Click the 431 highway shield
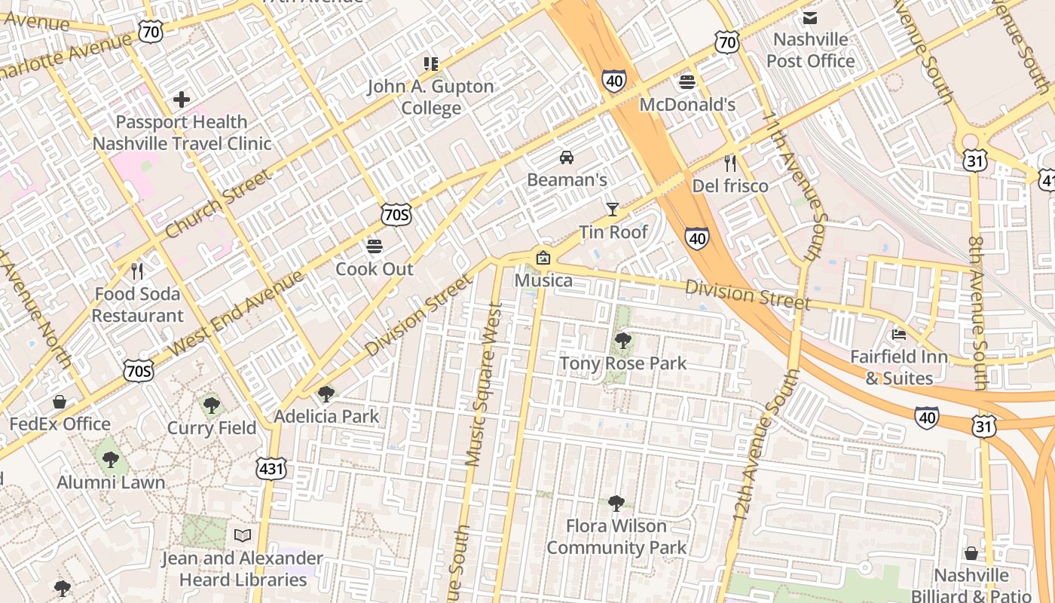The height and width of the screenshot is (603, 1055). pos(271,468)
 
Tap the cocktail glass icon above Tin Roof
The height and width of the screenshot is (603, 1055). pos(613,209)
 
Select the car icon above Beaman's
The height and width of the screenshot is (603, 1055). pos(566,157)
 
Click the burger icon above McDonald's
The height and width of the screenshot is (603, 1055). pos(687,81)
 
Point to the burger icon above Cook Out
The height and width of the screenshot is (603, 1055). pos(375,246)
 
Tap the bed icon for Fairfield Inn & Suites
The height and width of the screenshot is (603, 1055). pos(898,334)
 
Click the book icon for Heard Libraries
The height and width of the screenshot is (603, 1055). pos(242,535)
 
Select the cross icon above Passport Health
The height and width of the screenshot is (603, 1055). pos(182,99)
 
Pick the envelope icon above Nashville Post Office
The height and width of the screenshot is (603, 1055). pos(810,17)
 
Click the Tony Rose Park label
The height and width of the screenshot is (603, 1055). pos(622,363)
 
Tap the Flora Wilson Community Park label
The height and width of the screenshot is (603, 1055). pos(616,537)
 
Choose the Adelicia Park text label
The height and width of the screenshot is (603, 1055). pos(326,416)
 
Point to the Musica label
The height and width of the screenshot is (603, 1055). pos(543,280)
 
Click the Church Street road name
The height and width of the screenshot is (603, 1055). pos(216,204)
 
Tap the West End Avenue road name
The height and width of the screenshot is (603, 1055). pos(236,314)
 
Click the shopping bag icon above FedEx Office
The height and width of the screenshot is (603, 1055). pos(60,403)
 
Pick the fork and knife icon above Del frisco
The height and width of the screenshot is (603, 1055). pos(729,164)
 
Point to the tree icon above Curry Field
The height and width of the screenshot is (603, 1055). pos(212,406)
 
